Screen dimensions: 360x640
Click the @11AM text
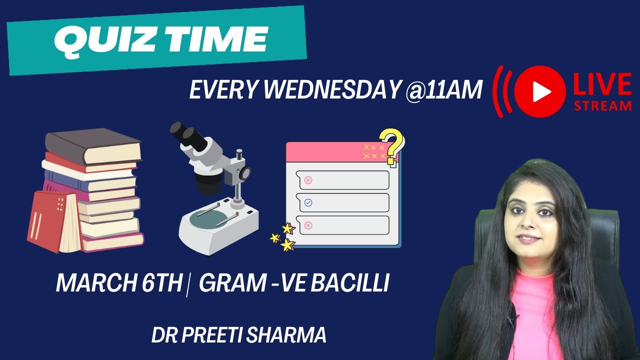[x=443, y=90]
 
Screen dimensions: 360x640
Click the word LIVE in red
[x=602, y=84]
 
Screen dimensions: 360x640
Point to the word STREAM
[x=602, y=105]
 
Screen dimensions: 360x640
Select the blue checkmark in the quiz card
[x=308, y=202]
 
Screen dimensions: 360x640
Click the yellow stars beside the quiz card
[x=283, y=237]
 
